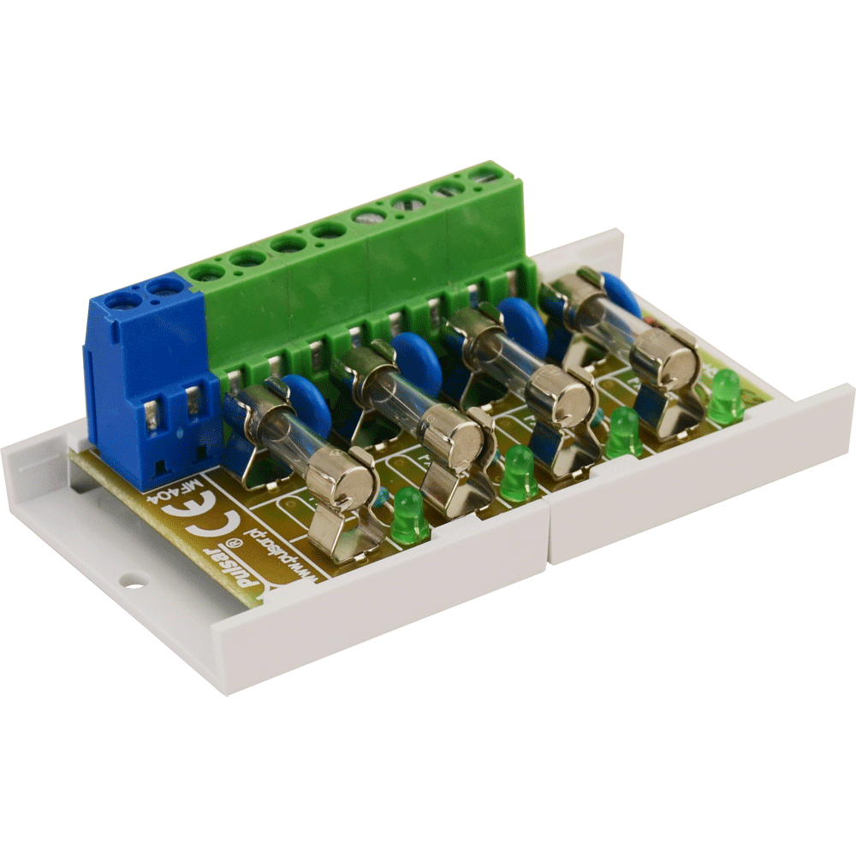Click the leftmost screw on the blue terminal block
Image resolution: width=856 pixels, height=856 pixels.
(x=125, y=300)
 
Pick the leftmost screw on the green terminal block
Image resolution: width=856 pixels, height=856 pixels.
(x=206, y=272)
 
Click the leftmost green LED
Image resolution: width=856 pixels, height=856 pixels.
(x=409, y=516)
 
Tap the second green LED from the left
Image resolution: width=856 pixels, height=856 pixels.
(x=519, y=473)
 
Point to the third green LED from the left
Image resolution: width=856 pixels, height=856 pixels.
(x=624, y=433)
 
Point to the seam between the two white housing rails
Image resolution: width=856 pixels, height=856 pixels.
(x=548, y=535)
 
